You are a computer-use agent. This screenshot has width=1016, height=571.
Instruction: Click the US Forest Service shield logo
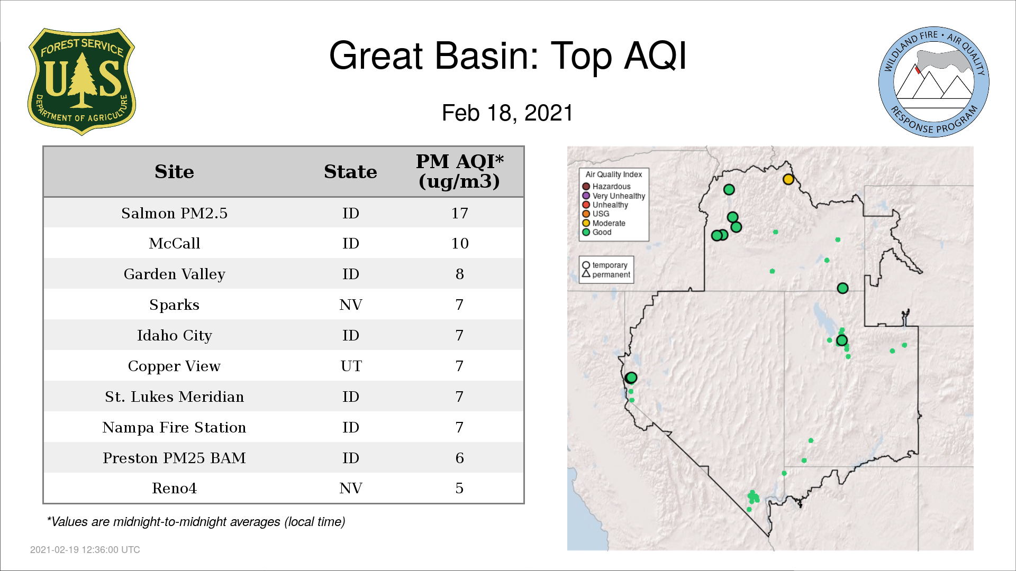[x=81, y=81]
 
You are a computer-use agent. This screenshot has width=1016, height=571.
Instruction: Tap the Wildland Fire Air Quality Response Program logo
[x=934, y=82]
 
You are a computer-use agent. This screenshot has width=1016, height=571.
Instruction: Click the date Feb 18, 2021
[x=507, y=113]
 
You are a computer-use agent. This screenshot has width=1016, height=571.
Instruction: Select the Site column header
[x=174, y=172]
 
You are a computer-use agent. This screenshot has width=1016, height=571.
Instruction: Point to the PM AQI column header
[x=459, y=171]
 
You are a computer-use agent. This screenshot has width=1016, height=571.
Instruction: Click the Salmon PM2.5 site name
[x=174, y=213]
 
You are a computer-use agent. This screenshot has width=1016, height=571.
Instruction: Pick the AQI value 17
[x=459, y=213]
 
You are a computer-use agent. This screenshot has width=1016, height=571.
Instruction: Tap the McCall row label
[x=174, y=244]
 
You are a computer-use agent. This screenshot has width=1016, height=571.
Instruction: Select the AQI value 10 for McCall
[x=459, y=244]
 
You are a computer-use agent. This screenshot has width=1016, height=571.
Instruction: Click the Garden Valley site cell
[x=174, y=274]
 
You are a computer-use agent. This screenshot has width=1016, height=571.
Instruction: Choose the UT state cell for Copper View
[x=351, y=366]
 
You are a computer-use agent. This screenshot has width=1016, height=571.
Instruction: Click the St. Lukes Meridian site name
[x=174, y=397]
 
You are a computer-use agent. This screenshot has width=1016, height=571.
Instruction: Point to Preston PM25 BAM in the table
[x=174, y=458]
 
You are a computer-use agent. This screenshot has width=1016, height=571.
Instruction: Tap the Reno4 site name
[x=174, y=489]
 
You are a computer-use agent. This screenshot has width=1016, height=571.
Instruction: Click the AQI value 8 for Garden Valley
[x=459, y=274]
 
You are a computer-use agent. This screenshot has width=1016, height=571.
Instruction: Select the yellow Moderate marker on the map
[x=788, y=179]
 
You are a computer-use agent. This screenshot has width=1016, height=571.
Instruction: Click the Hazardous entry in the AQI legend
[x=606, y=187]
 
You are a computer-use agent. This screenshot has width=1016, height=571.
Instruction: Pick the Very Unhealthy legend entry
[x=614, y=196]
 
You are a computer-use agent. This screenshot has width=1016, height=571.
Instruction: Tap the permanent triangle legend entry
[x=606, y=274]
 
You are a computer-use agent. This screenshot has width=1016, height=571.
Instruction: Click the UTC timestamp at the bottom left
[x=85, y=550]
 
